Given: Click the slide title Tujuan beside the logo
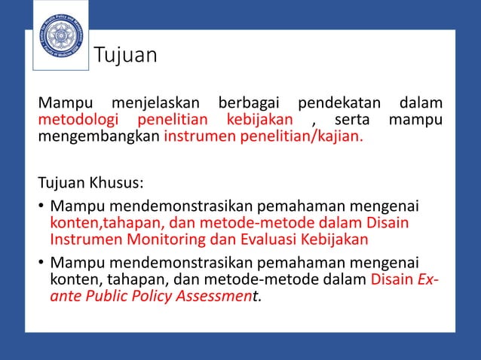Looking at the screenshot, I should tap(125, 55).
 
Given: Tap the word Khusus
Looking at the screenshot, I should tap(117, 184).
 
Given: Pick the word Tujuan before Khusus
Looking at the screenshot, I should tap(62, 184).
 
